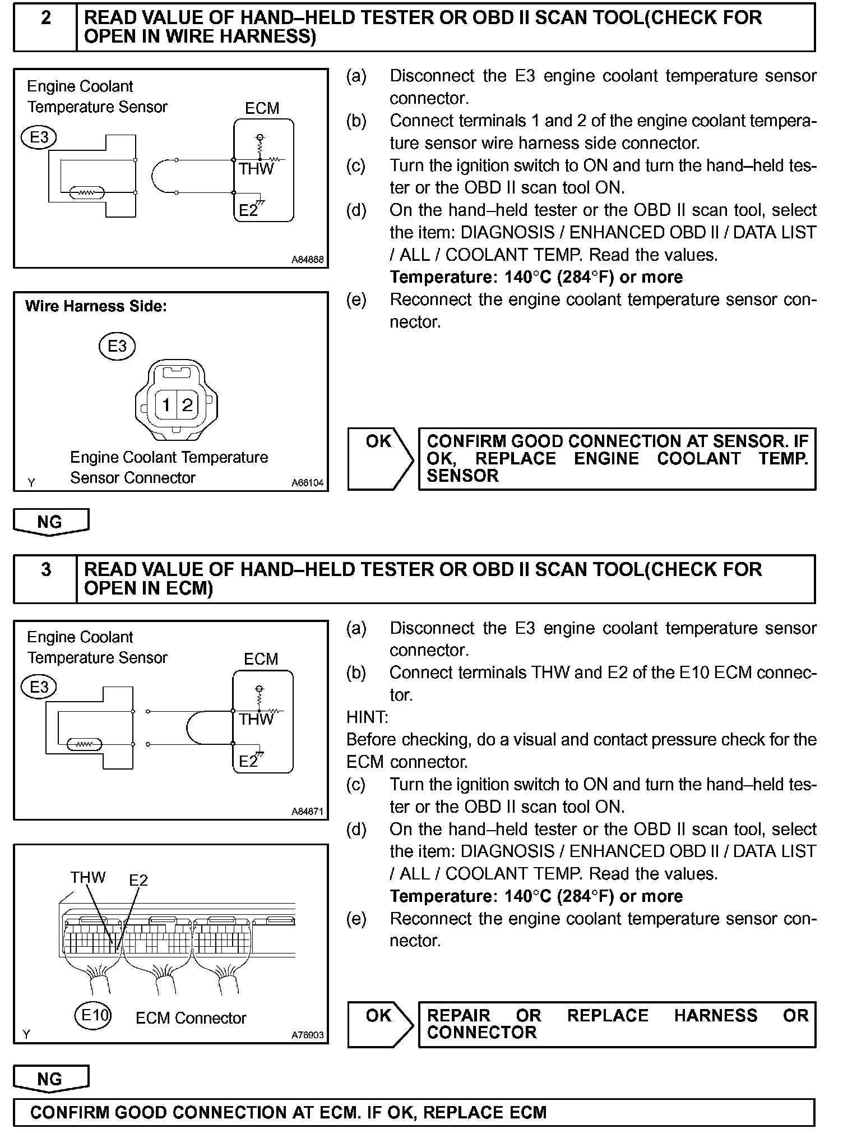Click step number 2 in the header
(46, 18)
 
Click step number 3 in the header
(46, 570)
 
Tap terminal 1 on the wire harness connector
(166, 404)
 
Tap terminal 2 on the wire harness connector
(187, 404)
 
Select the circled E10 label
(94, 1015)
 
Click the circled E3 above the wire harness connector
(117, 346)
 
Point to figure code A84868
(307, 260)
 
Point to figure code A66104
(307, 482)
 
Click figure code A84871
(307, 812)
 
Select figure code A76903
(307, 1035)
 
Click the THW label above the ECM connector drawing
(87, 877)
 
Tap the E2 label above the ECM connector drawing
(138, 879)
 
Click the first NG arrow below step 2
(50, 522)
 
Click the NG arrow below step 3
(50, 1080)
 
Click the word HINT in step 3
(367, 717)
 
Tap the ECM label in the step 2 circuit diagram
(262, 108)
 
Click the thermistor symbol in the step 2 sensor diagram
(86, 193)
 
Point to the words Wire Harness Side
(96, 306)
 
